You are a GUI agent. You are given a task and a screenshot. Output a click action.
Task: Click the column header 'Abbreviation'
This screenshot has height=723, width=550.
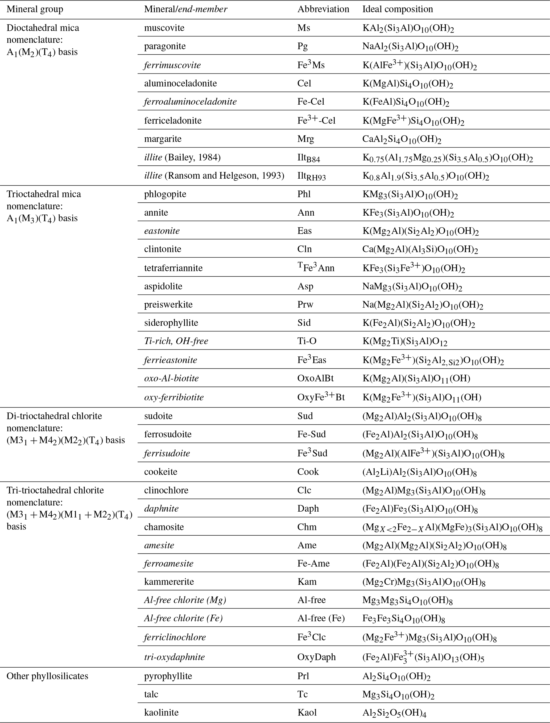323,9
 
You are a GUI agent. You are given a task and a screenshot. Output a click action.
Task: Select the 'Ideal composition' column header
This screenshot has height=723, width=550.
398,9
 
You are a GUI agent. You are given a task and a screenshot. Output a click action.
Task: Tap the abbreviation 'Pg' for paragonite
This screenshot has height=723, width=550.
303,46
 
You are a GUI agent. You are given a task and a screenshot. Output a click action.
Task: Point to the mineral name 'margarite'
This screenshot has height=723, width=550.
163,139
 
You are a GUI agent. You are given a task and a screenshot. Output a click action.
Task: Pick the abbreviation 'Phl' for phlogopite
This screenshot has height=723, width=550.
304,194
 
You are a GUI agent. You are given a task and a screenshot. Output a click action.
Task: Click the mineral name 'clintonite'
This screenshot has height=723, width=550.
162,249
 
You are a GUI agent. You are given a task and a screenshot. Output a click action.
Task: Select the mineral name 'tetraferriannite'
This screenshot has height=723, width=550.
173,268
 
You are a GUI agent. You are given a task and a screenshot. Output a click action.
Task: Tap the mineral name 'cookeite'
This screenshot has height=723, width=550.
160,472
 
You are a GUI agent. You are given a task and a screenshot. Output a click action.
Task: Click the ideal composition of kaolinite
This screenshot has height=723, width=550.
394,713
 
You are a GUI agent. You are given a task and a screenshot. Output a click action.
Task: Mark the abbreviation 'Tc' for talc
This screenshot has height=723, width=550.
303,695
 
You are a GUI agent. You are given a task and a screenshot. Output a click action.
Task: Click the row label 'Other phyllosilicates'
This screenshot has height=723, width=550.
47,676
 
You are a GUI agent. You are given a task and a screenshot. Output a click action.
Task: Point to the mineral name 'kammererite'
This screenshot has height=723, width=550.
169,582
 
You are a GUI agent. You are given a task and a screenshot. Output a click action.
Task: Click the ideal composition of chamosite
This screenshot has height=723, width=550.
452,527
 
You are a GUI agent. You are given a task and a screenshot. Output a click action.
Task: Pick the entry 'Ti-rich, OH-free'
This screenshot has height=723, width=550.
176,341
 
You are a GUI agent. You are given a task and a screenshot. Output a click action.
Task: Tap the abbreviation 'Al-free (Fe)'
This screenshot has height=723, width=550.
321,618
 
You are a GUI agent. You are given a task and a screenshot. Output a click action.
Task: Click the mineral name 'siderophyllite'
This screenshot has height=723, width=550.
171,323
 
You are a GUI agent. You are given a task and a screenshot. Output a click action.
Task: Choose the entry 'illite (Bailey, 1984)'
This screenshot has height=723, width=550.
182,158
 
